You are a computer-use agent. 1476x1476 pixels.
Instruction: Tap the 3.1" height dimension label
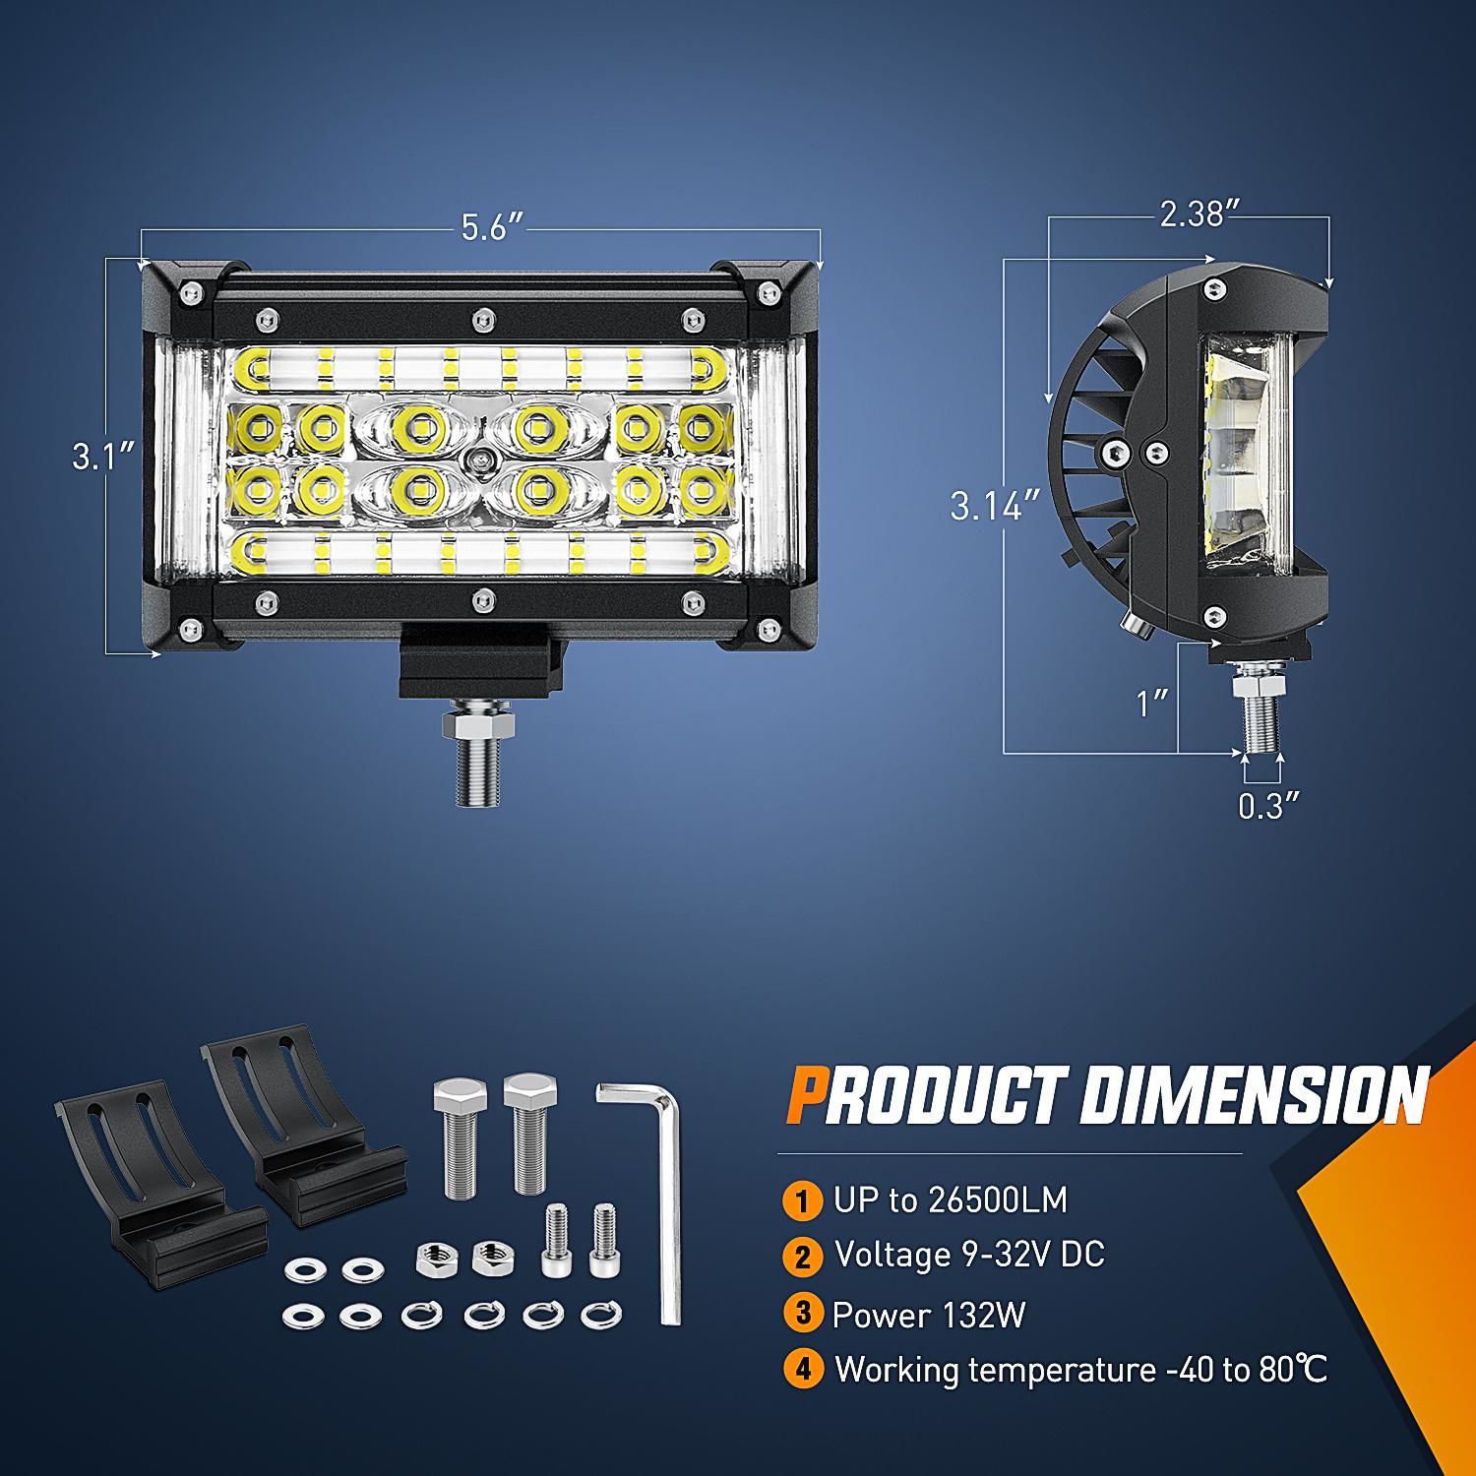[102, 456]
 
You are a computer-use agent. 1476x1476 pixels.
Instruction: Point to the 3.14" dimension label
[995, 506]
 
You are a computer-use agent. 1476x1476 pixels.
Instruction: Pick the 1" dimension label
[1152, 703]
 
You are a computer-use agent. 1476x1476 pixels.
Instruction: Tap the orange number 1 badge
[803, 1200]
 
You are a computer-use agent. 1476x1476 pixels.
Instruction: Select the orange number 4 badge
[803, 1370]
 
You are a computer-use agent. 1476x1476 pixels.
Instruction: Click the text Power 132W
[928, 1315]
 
